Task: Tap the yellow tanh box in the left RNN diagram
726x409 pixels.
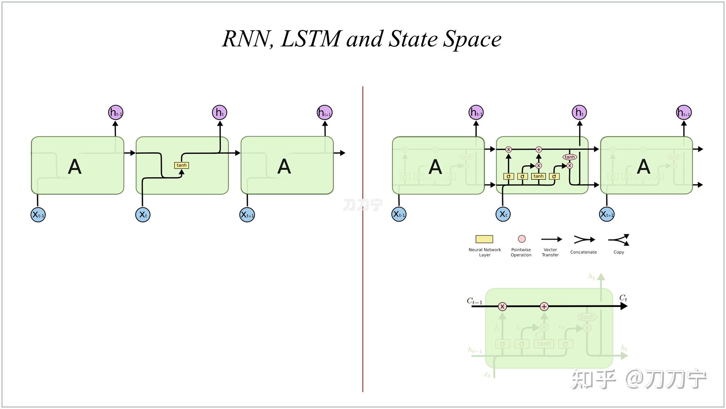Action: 181,165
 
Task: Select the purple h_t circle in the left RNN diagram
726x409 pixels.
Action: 220,112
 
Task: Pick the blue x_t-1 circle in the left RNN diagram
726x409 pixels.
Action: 38,215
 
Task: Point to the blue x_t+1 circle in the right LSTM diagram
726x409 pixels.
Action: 607,214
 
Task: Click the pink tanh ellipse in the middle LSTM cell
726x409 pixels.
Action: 570,157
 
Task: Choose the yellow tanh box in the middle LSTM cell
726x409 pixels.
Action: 538,176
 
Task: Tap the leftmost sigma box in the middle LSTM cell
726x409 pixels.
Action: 508,177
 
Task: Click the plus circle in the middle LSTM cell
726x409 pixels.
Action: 539,149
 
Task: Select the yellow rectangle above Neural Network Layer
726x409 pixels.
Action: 484,239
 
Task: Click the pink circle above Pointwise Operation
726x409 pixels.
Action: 522,239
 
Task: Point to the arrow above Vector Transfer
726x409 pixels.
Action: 551,239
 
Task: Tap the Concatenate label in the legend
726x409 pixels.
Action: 583,252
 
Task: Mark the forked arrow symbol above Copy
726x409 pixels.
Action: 619,240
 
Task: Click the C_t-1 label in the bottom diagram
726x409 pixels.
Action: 475,301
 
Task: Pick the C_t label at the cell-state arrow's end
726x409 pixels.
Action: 623,298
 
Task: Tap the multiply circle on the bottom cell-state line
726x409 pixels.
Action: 502,307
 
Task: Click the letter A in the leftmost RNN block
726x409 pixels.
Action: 75,167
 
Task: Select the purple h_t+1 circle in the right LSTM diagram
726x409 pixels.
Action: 684,112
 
